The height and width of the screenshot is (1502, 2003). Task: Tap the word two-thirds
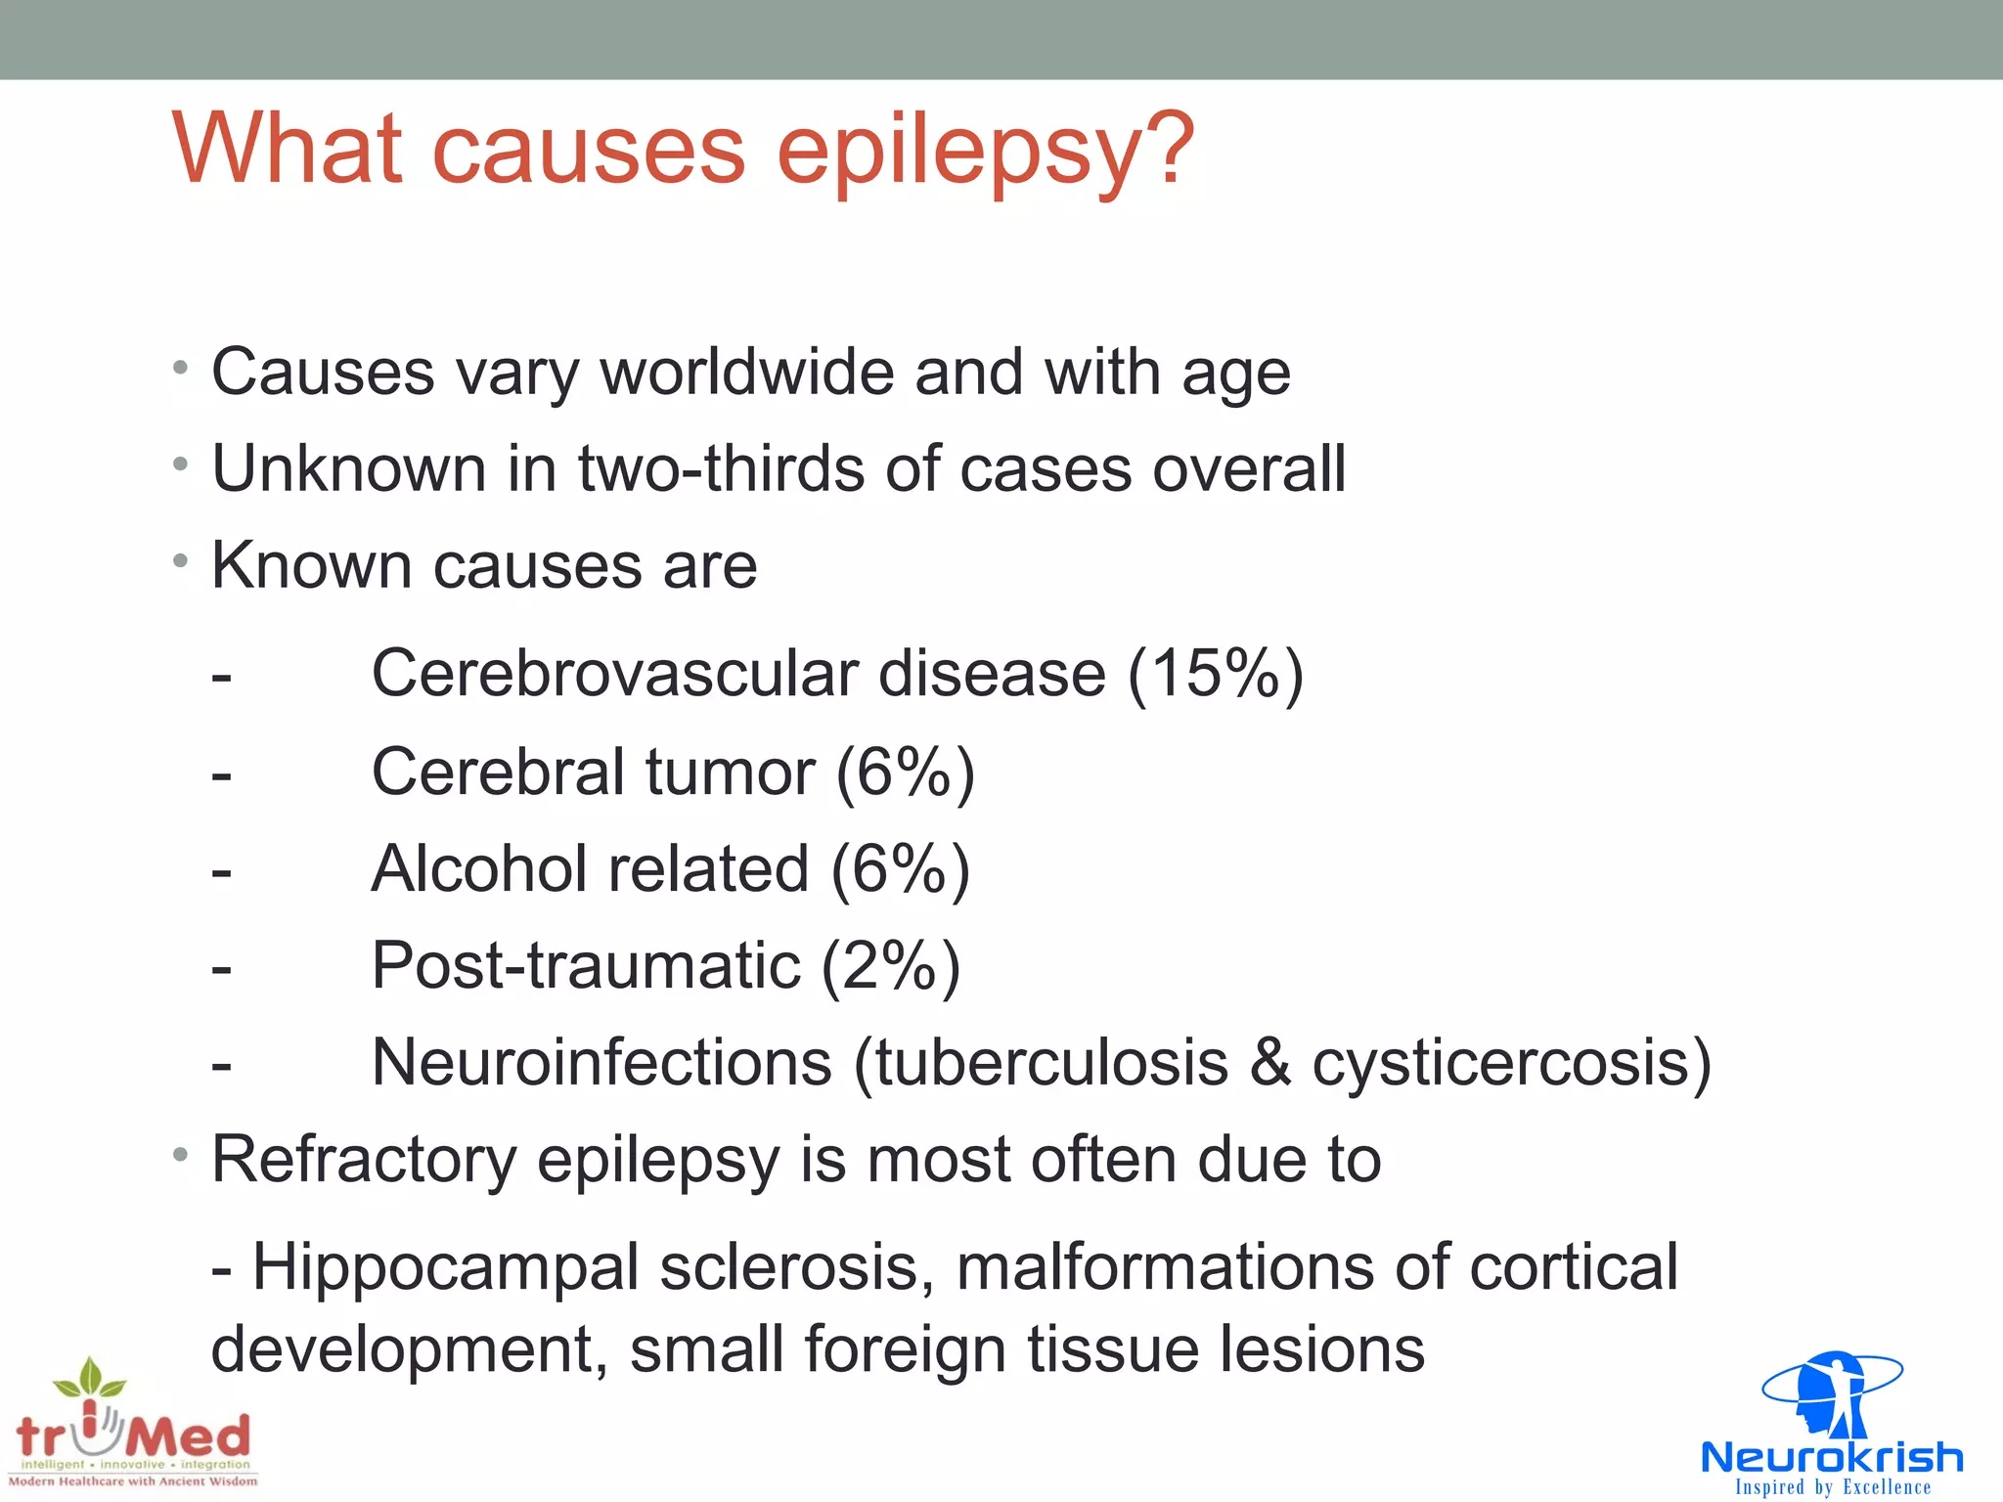pos(721,468)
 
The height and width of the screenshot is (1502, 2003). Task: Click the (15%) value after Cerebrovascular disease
pos(1215,674)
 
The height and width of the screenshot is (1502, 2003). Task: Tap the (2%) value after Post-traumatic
pos(890,966)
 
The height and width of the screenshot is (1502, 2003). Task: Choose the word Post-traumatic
pos(586,966)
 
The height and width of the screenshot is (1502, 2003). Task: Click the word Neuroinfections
pos(601,1063)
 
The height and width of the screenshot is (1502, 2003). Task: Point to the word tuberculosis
pos(1050,1063)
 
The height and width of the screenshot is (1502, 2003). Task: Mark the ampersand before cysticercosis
pos(1269,1063)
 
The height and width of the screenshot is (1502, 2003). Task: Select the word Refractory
pos(364,1161)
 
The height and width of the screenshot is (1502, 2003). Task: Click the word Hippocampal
pos(445,1267)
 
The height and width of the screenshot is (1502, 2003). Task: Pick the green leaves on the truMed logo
pos(90,1378)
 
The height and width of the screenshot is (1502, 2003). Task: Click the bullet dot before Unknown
pos(180,464)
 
